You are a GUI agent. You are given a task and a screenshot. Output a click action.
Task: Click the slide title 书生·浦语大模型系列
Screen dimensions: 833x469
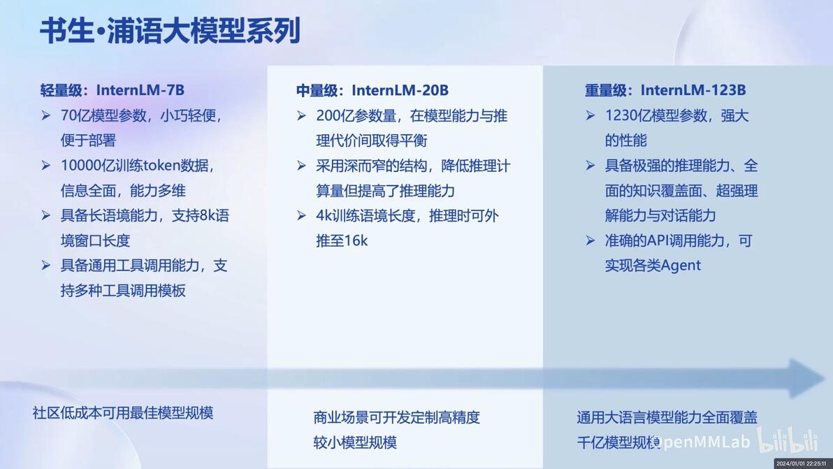(170, 30)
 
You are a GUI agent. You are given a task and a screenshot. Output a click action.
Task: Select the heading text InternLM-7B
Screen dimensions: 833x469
(140, 89)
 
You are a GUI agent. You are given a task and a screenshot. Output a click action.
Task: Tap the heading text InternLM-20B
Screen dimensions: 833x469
(400, 90)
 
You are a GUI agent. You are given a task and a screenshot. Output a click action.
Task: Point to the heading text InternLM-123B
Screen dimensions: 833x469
(693, 89)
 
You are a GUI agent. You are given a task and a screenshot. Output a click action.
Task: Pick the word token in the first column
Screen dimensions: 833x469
(162, 165)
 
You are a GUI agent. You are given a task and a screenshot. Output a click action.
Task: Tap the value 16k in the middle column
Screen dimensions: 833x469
(356, 240)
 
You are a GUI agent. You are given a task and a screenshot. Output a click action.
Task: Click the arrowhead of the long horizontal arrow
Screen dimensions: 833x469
(808, 378)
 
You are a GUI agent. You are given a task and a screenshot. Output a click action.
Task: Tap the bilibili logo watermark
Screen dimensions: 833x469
(788, 440)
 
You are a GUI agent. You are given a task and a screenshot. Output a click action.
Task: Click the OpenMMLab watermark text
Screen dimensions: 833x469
(700, 442)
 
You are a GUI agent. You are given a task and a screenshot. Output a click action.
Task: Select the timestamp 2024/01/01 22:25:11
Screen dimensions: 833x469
(802, 463)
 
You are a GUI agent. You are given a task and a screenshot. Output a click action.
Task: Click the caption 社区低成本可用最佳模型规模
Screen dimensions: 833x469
(123, 412)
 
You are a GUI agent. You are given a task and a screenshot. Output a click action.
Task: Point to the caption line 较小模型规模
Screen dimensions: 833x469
(355, 442)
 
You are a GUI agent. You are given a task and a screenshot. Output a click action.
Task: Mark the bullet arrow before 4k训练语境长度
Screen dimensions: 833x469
(301, 216)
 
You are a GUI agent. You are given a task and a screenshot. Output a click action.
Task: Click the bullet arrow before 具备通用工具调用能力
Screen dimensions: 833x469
(45, 266)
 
